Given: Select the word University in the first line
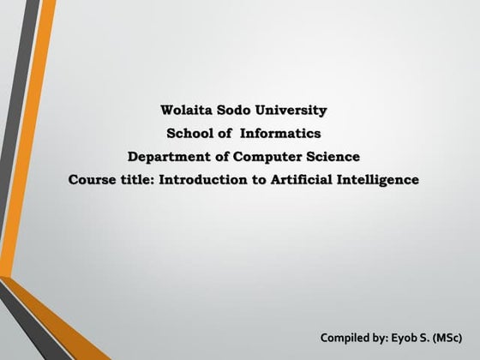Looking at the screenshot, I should (292, 111).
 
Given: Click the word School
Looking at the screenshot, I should (190, 134).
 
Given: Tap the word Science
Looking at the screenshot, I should (333, 157).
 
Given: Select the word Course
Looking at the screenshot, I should (92, 180).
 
